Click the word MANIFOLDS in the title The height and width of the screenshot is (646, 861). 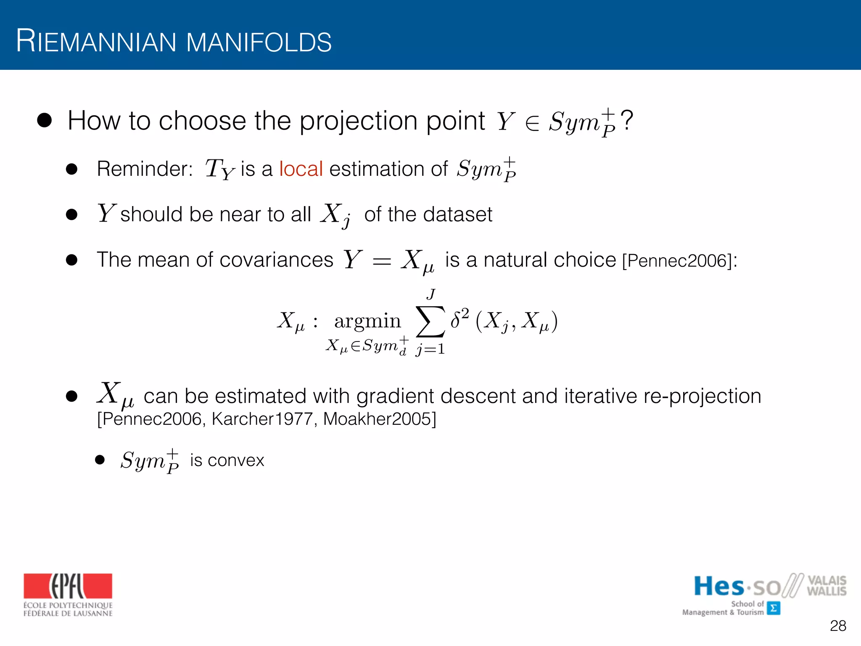coord(259,42)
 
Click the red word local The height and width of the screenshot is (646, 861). coord(301,169)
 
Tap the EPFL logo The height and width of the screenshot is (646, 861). coord(68,586)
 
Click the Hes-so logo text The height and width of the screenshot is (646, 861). coord(738,586)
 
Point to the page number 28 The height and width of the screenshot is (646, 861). coord(838,626)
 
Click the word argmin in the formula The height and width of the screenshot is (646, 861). coord(367,321)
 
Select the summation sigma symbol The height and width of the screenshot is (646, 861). coord(430,322)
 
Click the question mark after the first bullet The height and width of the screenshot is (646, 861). coord(627,121)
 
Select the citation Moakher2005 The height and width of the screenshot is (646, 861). coord(380,419)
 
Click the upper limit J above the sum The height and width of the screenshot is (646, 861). coord(430,294)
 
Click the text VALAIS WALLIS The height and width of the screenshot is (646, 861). coord(826,586)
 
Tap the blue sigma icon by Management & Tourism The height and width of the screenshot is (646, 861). coord(774,608)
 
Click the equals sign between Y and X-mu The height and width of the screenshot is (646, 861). coord(382,262)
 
